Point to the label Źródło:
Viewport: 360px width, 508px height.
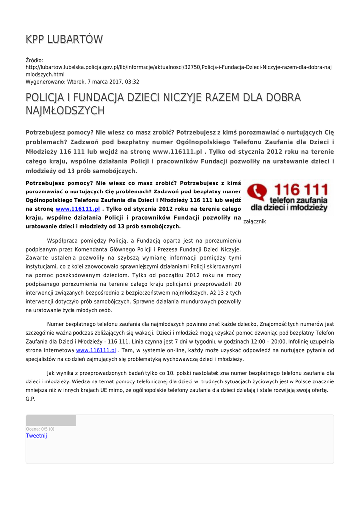pyautogui.click(x=34, y=60)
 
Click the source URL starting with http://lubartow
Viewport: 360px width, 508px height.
pyautogui.click(x=179, y=67)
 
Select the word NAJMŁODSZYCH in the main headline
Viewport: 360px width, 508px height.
pyautogui.click(x=65, y=110)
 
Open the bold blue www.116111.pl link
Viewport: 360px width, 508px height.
pyautogui.click(x=77, y=209)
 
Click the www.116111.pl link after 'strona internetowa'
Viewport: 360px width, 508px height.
pyautogui.click(x=96, y=350)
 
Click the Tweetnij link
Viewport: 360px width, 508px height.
pyautogui.click(x=36, y=436)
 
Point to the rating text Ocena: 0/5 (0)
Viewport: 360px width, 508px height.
pyautogui.click(x=40, y=429)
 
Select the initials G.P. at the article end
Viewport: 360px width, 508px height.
pyautogui.click(x=30, y=399)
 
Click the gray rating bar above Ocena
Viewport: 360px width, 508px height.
pyautogui.click(x=51, y=421)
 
